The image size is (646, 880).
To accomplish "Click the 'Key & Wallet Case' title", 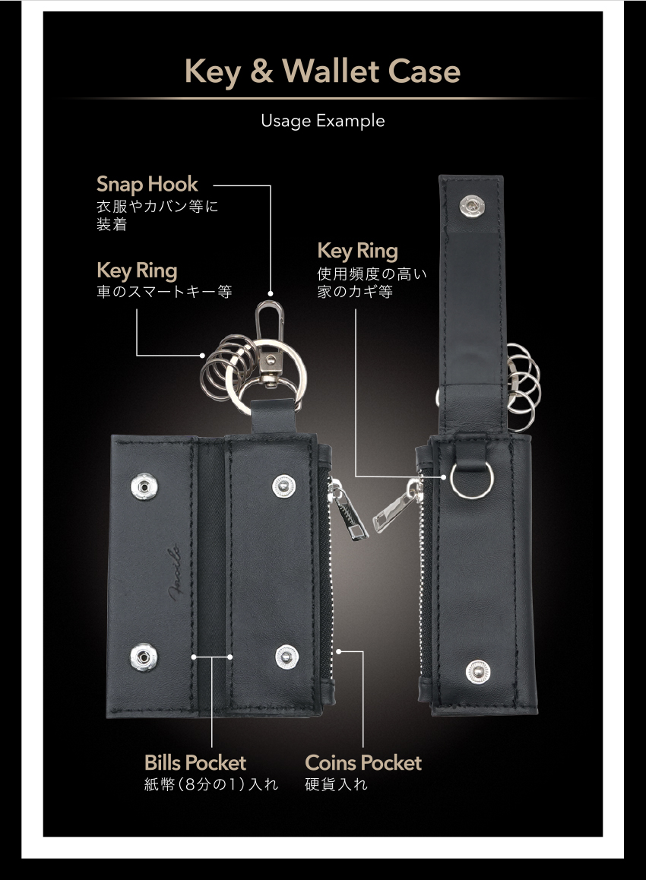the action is [x=323, y=72].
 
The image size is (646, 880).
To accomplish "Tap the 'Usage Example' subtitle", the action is [x=323, y=121].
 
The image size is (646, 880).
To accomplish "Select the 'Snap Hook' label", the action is [x=147, y=184].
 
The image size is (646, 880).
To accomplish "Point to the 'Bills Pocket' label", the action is [x=195, y=763].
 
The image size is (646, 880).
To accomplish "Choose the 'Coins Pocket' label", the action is [x=363, y=763].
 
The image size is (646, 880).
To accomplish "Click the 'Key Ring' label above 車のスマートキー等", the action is [x=137, y=271].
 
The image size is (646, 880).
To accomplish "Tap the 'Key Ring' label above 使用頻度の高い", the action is [x=357, y=251].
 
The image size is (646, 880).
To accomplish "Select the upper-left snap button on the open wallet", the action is [x=144, y=486].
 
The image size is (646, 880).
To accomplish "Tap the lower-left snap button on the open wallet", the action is [x=144, y=657].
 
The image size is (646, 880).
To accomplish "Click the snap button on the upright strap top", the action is [x=472, y=206].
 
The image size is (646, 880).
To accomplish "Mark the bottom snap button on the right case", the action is [x=477, y=672].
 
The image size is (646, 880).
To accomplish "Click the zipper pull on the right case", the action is [x=396, y=505].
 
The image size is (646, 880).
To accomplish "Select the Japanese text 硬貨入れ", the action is [x=336, y=784].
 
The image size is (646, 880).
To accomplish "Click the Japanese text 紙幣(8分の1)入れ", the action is [x=211, y=784].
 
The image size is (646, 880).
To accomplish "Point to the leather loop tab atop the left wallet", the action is [x=274, y=416].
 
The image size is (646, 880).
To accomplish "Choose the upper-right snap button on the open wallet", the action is [x=283, y=486].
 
